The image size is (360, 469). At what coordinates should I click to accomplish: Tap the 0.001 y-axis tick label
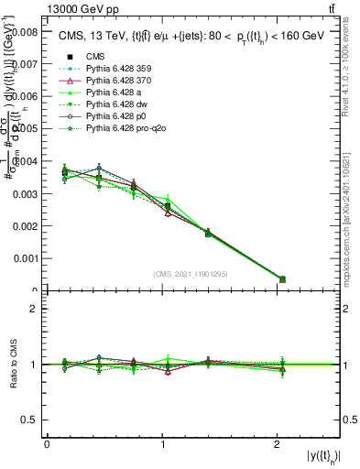[23, 259]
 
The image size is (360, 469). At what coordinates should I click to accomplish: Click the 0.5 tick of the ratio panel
[30, 420]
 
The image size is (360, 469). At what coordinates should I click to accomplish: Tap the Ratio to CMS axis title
[14, 365]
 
